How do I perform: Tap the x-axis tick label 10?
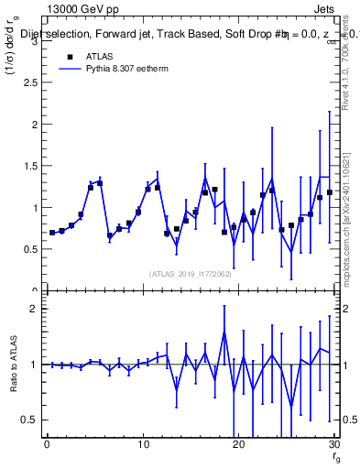[x=142, y=445]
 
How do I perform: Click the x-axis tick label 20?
[x=238, y=445]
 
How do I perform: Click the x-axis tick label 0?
[x=47, y=445]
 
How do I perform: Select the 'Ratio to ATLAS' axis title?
[x=13, y=365]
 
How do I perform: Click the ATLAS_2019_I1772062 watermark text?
[x=191, y=274]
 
